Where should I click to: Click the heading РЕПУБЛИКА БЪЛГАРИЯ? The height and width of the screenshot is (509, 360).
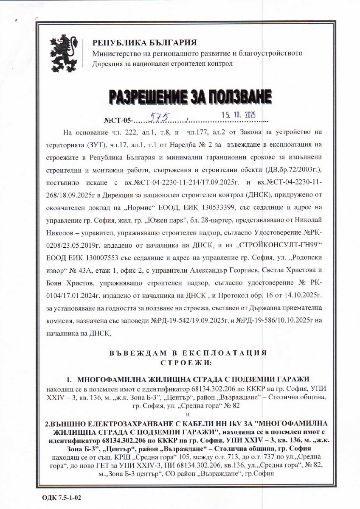point(145,43)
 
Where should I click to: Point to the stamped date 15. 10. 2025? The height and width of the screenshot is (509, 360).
point(239,115)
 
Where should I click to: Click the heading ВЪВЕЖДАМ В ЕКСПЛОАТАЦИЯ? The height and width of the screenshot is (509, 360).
point(187,353)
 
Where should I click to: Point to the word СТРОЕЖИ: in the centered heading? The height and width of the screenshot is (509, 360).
point(186,363)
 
